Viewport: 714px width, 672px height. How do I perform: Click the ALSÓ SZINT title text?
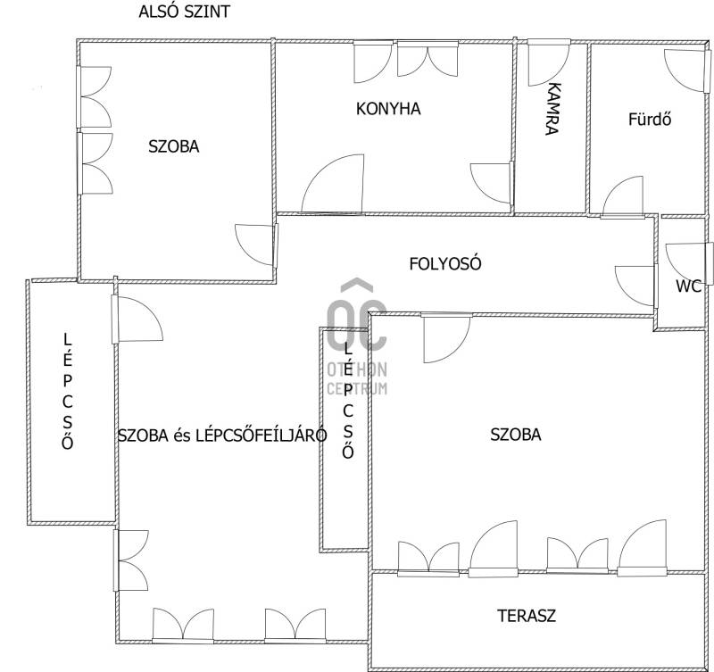tap(185, 12)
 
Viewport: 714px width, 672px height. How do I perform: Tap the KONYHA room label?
tap(388, 109)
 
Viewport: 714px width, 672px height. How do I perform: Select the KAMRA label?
tap(552, 109)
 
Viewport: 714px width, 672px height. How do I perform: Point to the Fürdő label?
tap(650, 120)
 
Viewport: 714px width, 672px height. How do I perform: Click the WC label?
tap(688, 286)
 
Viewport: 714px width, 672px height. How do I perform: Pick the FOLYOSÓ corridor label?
tap(444, 264)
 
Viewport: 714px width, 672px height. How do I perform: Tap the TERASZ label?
tap(527, 616)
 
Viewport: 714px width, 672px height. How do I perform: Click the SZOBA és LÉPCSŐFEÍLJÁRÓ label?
tap(222, 436)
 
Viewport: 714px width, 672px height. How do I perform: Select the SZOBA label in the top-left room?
tap(174, 146)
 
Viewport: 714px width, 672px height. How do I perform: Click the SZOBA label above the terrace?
tap(516, 435)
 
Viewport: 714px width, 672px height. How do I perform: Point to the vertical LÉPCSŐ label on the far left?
tap(68, 392)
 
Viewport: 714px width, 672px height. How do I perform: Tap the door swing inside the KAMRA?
tap(549, 63)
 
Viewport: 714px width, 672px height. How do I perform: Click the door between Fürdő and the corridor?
tap(622, 196)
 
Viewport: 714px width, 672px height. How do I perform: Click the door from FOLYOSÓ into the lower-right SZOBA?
tap(446, 338)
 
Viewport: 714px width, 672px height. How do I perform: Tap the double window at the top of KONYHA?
tap(428, 59)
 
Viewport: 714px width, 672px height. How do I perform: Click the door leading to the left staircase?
tap(137, 319)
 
